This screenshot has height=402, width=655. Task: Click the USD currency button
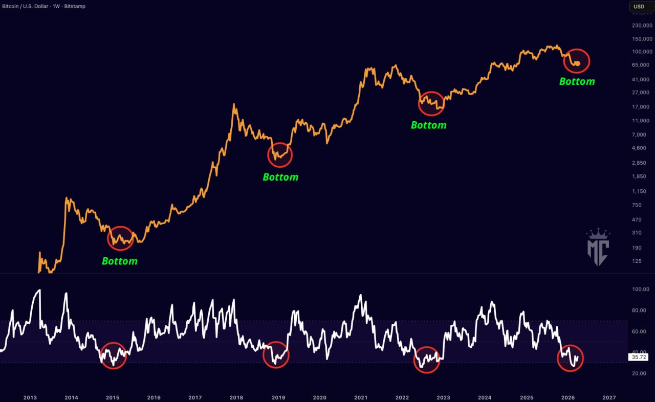point(639,7)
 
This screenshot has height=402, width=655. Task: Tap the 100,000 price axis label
point(642,52)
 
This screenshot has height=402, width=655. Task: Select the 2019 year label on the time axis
point(278,397)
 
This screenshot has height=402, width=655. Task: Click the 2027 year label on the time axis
point(609,397)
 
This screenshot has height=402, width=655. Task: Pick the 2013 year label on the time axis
point(30,397)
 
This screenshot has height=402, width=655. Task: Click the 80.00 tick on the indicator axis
point(641,310)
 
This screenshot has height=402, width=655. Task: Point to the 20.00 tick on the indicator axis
point(641,373)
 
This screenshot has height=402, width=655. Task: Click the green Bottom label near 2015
point(120,261)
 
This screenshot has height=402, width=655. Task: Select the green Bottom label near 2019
point(280,177)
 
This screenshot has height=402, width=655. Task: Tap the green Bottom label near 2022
point(429,125)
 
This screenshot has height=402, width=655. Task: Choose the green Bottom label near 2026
point(577,81)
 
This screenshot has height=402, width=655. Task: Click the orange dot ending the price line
point(578,63)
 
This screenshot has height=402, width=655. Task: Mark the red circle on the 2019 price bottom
point(279,154)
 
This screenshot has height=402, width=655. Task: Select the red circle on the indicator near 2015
point(113,355)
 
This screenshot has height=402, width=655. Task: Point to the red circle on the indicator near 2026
point(570,358)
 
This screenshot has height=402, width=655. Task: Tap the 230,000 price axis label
point(642,25)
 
